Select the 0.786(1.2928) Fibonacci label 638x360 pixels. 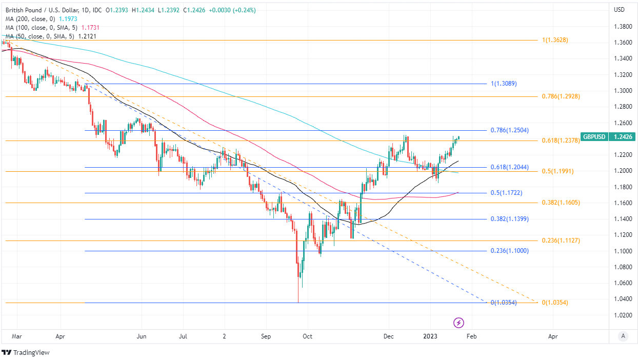561,96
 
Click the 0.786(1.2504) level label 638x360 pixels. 509,130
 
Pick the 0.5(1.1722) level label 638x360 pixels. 506,193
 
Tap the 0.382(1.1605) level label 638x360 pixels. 561,203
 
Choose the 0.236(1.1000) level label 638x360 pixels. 509,251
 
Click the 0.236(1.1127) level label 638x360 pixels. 561,241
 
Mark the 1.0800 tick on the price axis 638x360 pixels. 623,267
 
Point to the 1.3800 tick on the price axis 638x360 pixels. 623,26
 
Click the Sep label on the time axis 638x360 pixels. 266,336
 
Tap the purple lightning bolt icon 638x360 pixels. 459,323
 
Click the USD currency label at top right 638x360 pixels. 619,10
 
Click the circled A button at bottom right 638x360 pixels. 623,336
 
